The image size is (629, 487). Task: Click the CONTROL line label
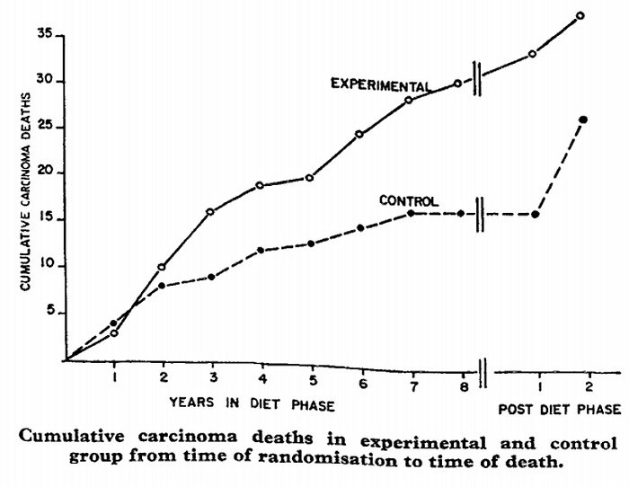pos(408,200)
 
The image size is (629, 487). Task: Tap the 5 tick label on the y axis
pos(52,313)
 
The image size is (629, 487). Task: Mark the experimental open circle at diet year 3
pos(210,212)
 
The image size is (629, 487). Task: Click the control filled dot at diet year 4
pos(260,250)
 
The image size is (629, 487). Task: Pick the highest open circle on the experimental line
pos(580,15)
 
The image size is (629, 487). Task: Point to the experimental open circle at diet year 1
pos(114,333)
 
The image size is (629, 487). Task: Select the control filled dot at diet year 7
pos(409,213)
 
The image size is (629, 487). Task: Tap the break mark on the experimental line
pos(480,77)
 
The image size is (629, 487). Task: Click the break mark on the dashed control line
pos(482,214)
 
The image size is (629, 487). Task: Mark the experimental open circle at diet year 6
pos(359,135)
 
